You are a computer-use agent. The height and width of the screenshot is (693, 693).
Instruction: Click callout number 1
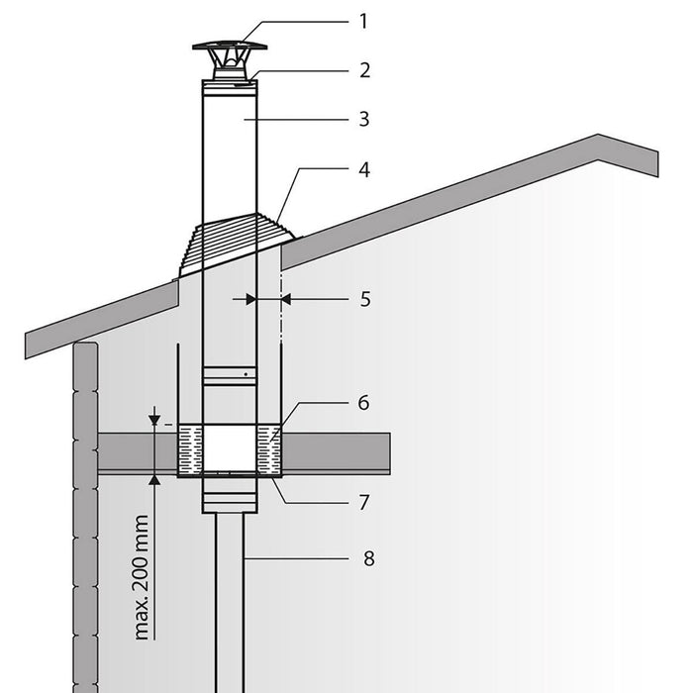(363, 20)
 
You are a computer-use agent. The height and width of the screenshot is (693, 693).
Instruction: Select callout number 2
(363, 70)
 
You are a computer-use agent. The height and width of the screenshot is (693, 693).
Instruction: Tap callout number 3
(363, 119)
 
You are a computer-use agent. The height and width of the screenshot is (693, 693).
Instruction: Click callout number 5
(363, 298)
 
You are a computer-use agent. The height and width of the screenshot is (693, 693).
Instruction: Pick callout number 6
(363, 403)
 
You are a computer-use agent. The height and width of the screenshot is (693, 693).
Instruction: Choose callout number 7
(363, 502)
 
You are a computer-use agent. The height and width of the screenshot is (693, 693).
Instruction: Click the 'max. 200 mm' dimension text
(142, 576)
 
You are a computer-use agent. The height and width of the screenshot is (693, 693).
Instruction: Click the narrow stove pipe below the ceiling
(229, 594)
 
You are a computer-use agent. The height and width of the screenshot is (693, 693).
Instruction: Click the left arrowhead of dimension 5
(250, 298)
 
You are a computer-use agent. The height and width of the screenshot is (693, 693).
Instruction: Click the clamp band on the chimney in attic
(229, 375)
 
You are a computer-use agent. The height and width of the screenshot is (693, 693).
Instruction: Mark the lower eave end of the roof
(30, 346)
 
